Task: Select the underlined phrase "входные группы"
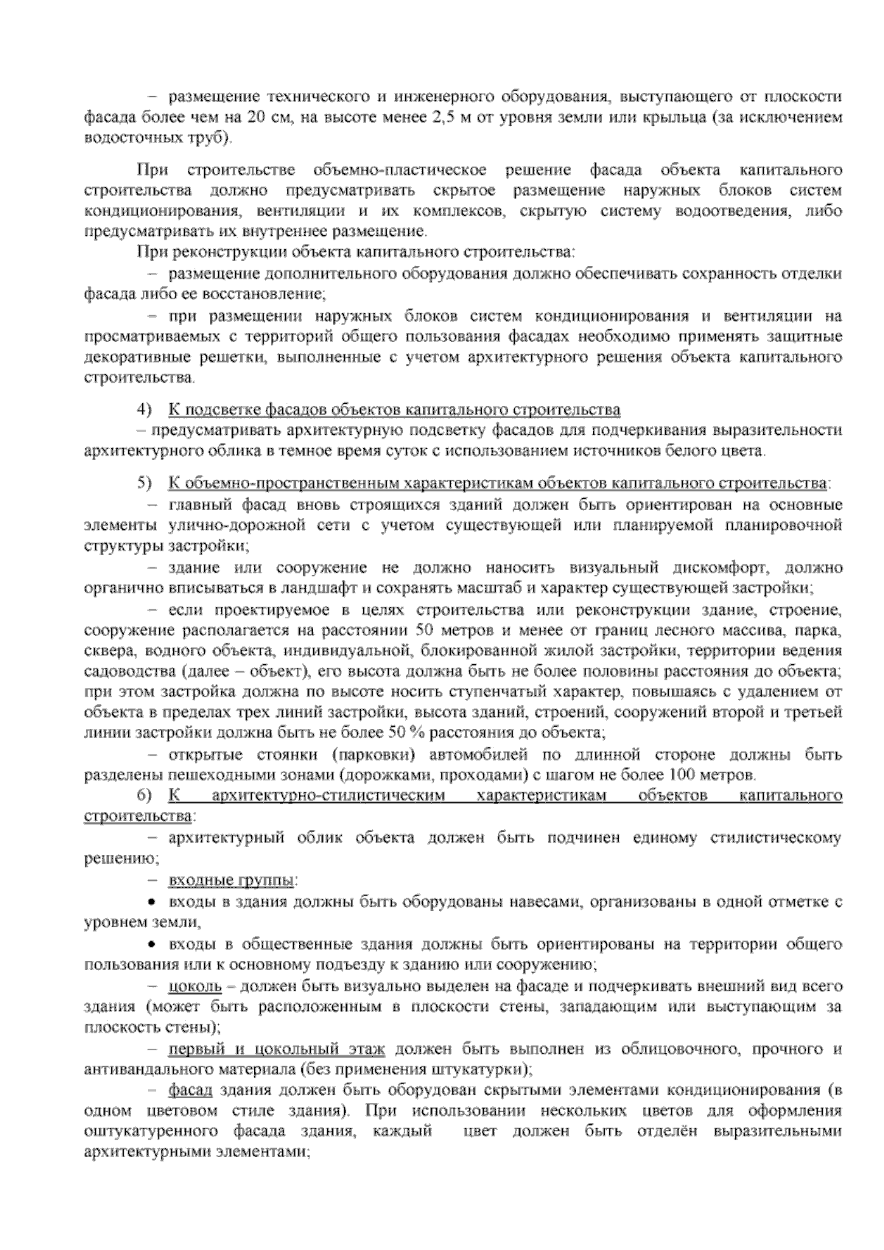231,880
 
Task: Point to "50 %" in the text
401,733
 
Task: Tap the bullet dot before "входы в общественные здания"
152,944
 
